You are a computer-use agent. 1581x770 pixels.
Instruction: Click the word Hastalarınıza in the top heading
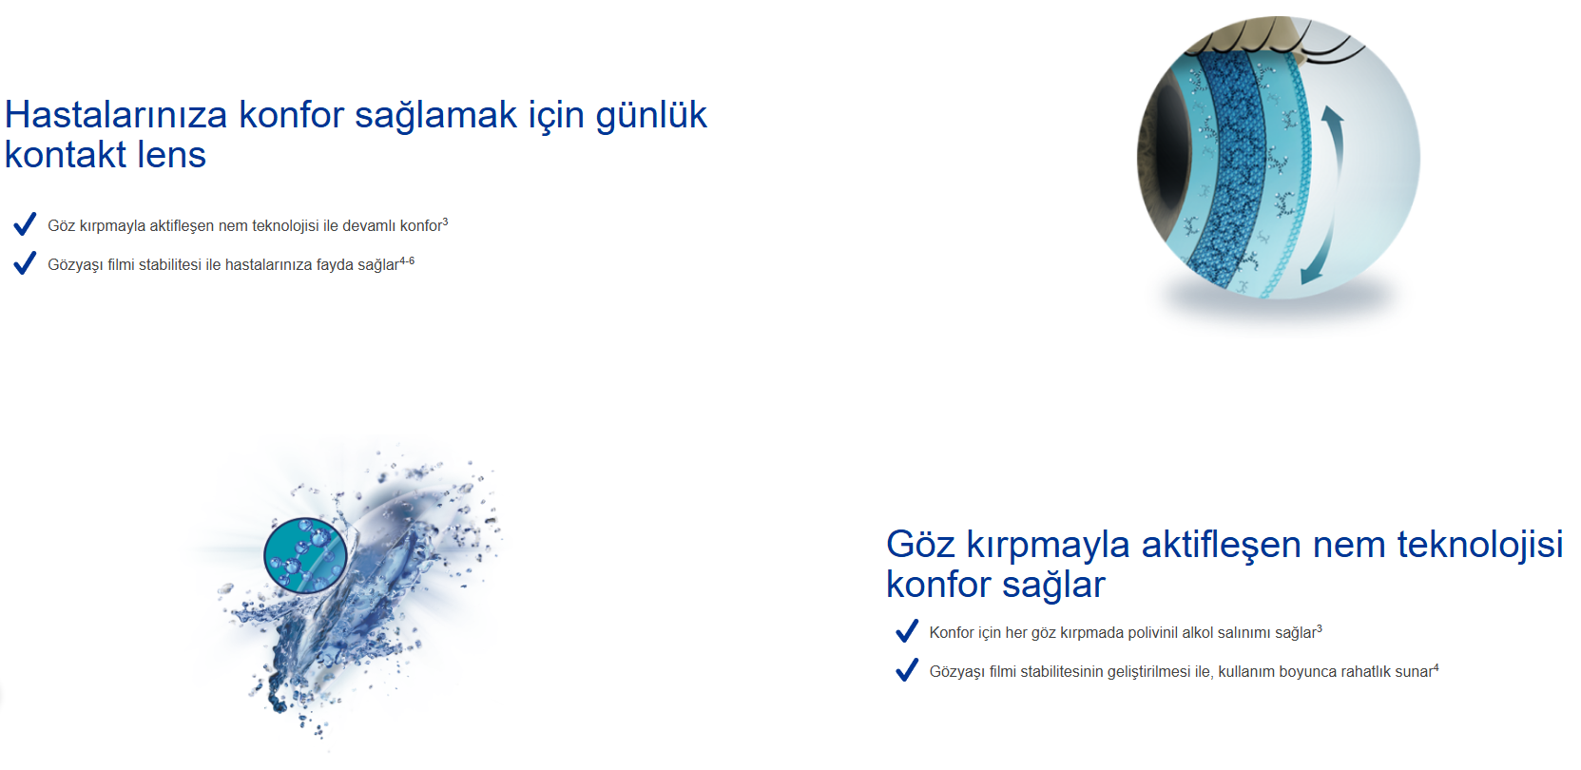116,114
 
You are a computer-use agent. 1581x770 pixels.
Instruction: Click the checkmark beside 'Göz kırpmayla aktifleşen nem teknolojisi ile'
25,223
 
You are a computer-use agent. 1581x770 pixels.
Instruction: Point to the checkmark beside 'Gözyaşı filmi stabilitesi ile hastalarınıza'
25,262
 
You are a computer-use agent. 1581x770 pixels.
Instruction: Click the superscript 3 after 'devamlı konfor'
445,221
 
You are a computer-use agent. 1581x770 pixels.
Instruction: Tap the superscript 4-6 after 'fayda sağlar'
407,260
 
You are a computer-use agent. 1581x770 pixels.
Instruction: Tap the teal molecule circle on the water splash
305,555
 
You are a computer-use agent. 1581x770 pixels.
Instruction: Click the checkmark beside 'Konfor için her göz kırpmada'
907,630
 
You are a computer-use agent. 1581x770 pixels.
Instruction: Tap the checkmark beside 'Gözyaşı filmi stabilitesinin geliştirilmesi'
907,669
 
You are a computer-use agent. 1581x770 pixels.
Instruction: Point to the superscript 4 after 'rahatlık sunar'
1436,667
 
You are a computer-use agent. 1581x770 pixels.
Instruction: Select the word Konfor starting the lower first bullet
952,632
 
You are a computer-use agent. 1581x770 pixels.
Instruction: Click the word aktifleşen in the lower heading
1221,544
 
